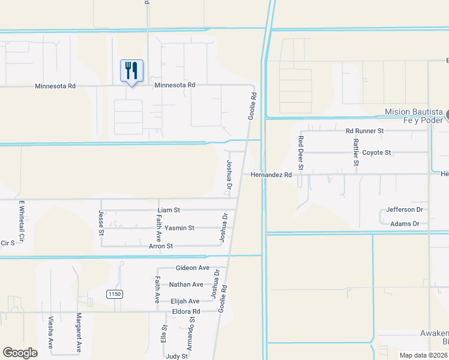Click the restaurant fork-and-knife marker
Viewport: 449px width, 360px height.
(131, 71)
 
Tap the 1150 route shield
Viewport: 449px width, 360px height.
(115, 294)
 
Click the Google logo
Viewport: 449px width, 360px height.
(20, 353)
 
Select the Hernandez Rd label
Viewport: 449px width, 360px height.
(271, 175)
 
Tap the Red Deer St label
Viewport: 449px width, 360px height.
(301, 152)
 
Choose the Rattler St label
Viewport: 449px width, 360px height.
(356, 152)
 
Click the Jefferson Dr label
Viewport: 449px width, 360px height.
(405, 209)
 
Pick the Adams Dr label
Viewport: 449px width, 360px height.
(405, 224)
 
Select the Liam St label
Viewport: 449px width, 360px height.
(169, 210)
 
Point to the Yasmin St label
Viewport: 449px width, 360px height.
(179, 228)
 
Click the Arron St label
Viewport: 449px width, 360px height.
(161, 246)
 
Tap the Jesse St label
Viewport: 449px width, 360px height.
(101, 223)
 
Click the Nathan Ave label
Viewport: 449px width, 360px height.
(186, 284)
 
